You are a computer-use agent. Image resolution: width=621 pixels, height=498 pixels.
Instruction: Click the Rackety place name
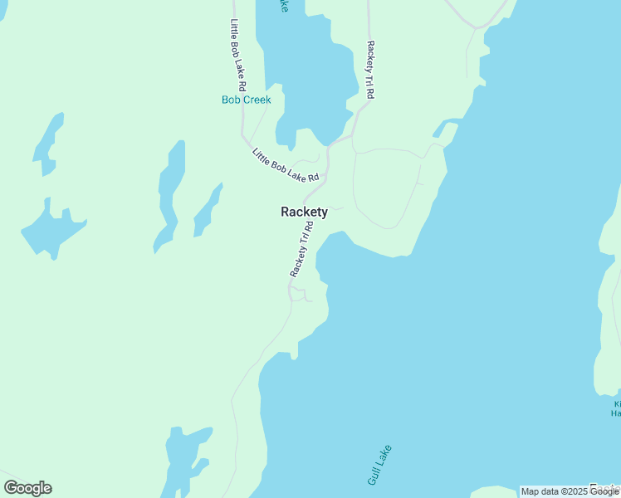point(304,212)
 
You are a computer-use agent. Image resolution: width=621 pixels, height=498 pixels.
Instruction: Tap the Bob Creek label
point(246,100)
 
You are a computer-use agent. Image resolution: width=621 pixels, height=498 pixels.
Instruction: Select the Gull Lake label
point(379,466)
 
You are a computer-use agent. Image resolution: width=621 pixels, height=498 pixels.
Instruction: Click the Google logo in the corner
point(27,488)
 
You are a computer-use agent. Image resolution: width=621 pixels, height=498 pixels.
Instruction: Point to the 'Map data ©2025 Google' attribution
point(570,491)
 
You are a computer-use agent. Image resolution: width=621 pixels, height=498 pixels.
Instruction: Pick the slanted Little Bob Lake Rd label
point(286,164)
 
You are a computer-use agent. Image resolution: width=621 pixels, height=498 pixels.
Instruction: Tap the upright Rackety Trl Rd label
point(370,70)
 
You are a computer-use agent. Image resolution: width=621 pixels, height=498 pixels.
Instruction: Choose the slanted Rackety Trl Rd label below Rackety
point(301,249)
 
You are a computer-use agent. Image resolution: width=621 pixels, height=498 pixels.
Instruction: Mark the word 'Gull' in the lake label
point(374,475)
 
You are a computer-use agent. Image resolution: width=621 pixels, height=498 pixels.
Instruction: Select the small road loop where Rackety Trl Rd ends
point(298,295)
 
